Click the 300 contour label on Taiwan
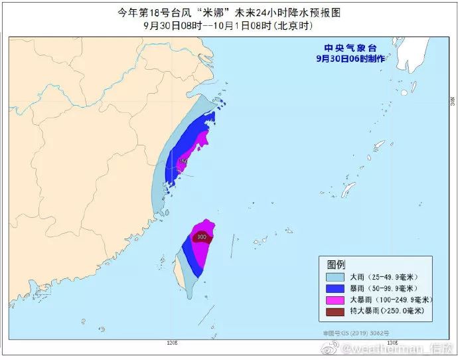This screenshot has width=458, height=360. pos(202,236)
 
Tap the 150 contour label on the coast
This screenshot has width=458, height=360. pos(184,161)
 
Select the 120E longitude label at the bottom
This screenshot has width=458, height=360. pos(171,343)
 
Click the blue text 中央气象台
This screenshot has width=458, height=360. pos(350,48)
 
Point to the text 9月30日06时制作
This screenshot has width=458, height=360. pos(349,58)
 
